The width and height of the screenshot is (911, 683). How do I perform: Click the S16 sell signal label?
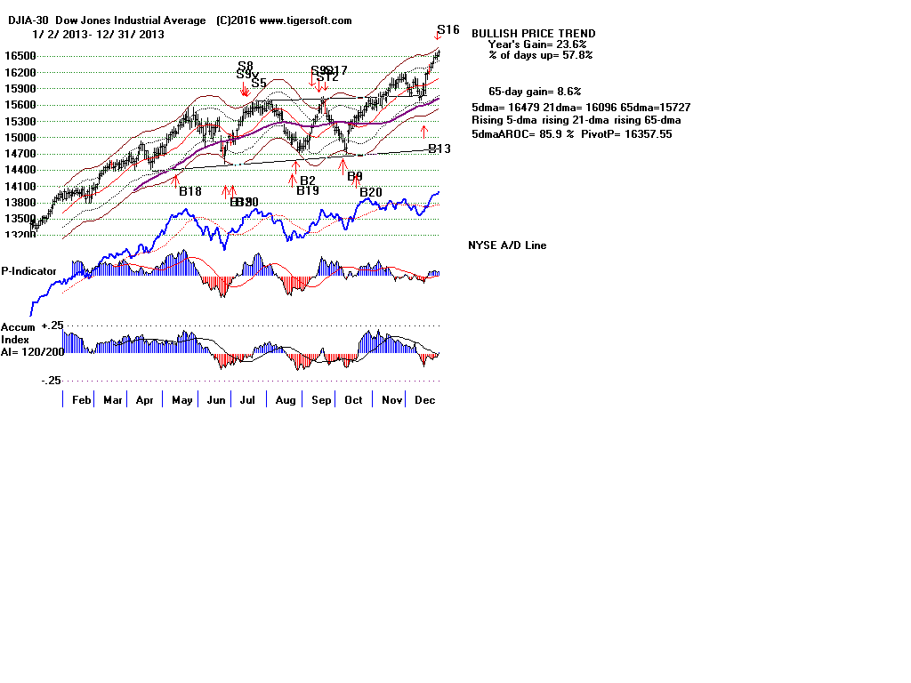[448, 30]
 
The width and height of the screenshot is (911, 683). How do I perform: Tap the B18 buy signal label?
[190, 191]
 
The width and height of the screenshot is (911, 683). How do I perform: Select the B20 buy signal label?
[371, 192]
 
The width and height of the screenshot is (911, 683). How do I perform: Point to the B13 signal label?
[439, 149]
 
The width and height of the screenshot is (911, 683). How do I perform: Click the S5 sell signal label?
[259, 84]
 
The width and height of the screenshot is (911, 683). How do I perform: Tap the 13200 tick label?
[15, 236]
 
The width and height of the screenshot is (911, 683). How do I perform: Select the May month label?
[182, 400]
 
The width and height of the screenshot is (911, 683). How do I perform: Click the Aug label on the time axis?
[286, 400]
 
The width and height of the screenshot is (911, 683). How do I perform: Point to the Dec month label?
[425, 400]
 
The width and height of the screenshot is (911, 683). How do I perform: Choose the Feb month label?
[82, 400]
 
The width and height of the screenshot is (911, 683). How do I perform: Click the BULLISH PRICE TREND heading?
[534, 33]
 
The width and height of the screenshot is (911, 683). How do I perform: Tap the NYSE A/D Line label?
[507, 245]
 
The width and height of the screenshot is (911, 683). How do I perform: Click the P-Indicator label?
[29, 271]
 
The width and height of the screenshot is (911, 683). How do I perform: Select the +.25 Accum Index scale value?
[52, 326]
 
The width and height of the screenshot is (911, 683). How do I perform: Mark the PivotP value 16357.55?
[645, 133]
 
